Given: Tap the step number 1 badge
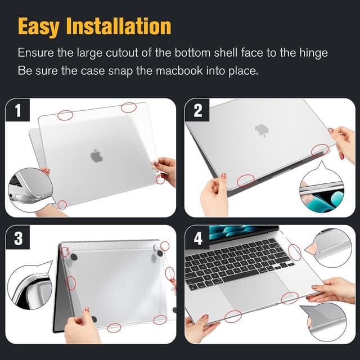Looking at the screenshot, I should (17, 111).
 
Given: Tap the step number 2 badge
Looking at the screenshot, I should (197, 111).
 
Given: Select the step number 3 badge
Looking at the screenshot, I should (17, 238).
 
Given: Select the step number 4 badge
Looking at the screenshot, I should (197, 238).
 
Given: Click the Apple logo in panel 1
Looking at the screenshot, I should (97, 156).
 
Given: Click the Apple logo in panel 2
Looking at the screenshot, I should (260, 130).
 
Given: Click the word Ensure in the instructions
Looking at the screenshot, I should (34, 53).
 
